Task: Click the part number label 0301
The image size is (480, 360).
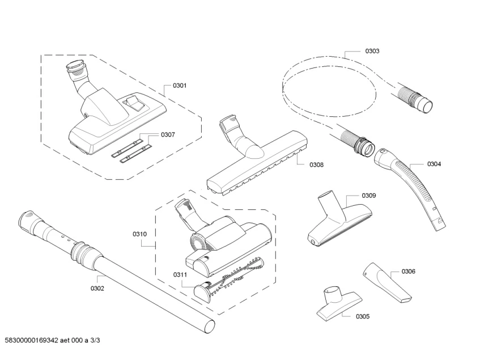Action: tap(179, 86)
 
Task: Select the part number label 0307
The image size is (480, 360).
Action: tap(168, 134)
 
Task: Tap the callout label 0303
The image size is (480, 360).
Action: tap(372, 51)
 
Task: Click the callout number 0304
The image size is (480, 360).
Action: tap(434, 164)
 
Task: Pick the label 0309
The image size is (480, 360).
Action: tap(369, 195)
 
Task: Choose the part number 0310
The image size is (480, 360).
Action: tap(139, 234)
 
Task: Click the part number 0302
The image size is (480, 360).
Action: tap(97, 287)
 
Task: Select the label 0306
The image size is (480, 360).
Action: tap(408, 271)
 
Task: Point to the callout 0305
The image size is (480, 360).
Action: tap(363, 316)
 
